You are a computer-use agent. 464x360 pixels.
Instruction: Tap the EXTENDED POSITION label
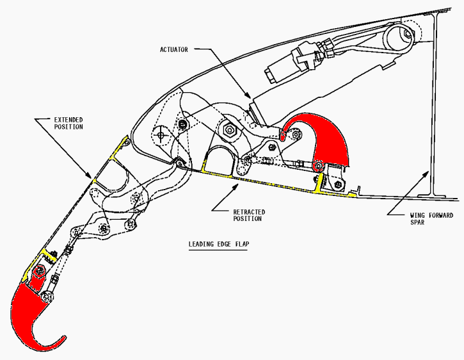click(x=68, y=122)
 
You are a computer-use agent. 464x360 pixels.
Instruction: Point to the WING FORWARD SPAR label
click(x=431, y=218)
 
